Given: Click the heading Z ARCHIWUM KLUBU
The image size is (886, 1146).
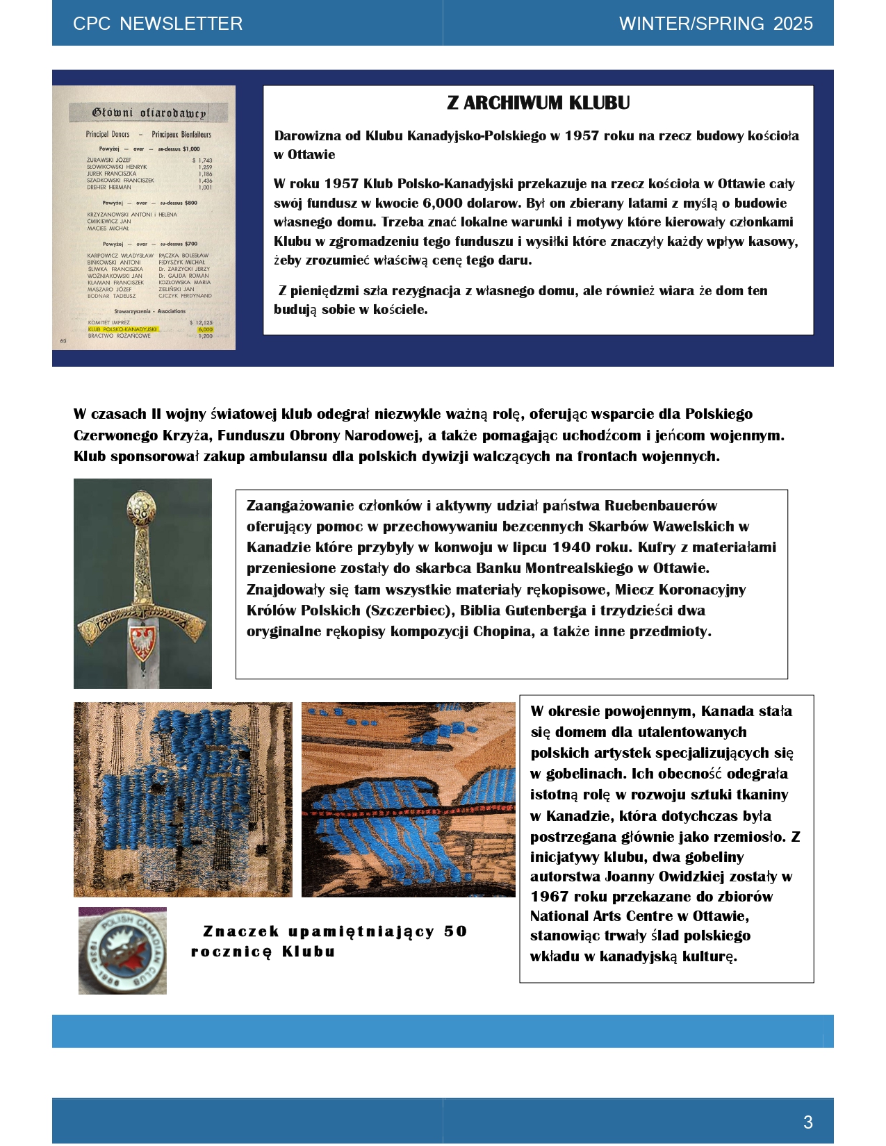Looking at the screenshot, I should (x=538, y=103).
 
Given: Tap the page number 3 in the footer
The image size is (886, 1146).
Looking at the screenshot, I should (x=807, y=1122).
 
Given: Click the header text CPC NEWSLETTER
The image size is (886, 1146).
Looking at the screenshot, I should (x=158, y=24).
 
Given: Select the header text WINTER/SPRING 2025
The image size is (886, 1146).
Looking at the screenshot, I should (x=716, y=24).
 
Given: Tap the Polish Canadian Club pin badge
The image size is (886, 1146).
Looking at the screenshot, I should (x=123, y=950).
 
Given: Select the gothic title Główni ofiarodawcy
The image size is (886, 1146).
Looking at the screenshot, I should (x=149, y=113).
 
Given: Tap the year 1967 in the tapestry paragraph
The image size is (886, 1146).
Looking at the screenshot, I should (x=550, y=897).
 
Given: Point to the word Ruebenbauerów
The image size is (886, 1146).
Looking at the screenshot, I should (x=660, y=506).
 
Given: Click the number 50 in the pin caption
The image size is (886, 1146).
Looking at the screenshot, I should (x=455, y=931).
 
